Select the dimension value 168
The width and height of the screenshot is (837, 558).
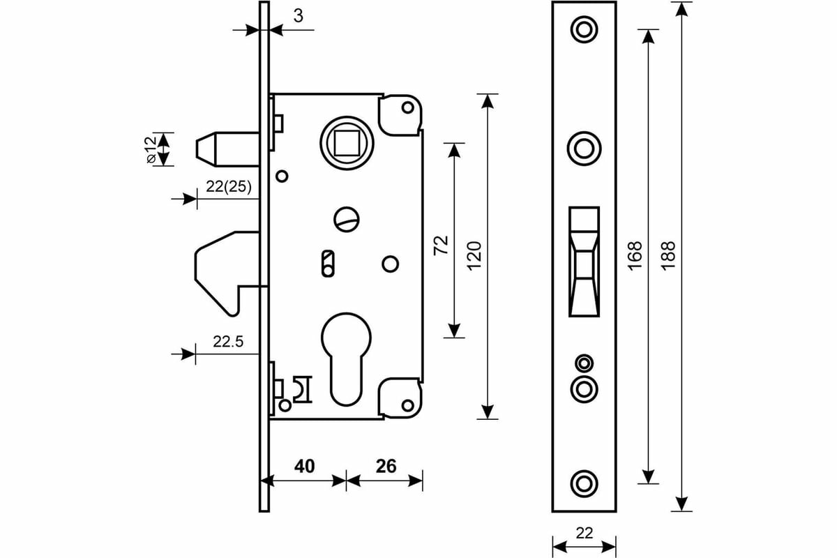pos(635,257)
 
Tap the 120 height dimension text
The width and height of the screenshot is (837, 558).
pos(474,257)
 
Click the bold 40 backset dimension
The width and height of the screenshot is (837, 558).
pos(303,466)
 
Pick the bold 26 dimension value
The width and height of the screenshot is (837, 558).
pos(385,466)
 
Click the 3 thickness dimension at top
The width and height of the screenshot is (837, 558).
pos(298,15)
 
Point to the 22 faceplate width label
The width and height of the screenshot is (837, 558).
pos(585,534)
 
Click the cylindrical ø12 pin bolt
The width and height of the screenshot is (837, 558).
pos(223,149)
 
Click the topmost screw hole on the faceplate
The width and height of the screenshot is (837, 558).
pos(584,29)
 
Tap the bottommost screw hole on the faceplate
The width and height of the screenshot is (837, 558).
pos(584,483)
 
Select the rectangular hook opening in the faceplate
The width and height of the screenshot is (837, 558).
pos(584,262)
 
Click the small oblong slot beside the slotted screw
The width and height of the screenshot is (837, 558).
pos(325,263)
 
